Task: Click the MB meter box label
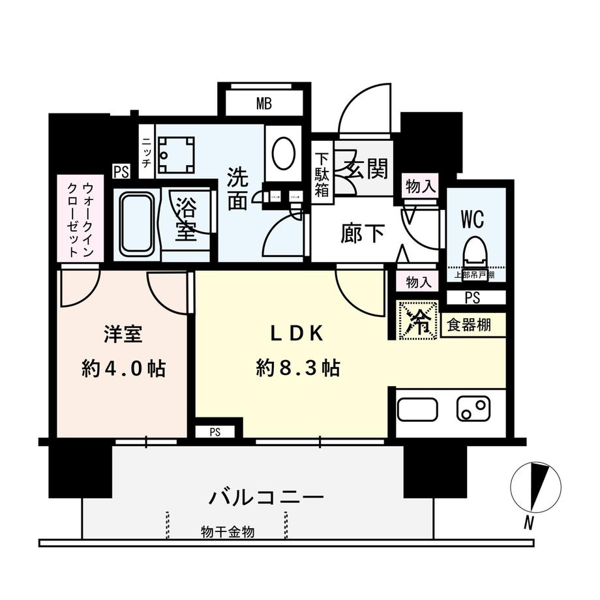tap(263, 103)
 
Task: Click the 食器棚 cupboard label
tap(469, 323)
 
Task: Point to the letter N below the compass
tap(530, 522)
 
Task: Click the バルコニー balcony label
tap(266, 498)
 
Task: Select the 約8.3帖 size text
tap(297, 368)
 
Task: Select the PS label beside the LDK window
tap(215, 432)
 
